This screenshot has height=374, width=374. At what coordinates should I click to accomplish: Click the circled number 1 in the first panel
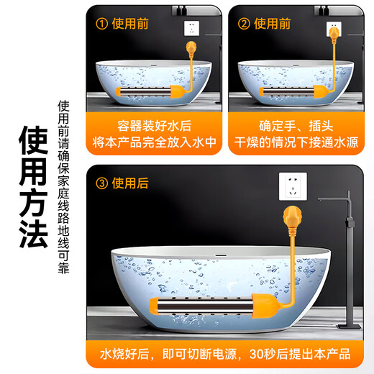tap(102, 24)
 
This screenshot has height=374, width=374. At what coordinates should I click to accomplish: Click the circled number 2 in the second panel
tap(245, 24)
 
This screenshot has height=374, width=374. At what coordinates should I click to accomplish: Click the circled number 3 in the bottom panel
tap(102, 183)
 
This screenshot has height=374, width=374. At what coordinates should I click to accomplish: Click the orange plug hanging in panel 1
tap(191, 50)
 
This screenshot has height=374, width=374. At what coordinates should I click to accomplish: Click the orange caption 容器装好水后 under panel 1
tap(154, 124)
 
